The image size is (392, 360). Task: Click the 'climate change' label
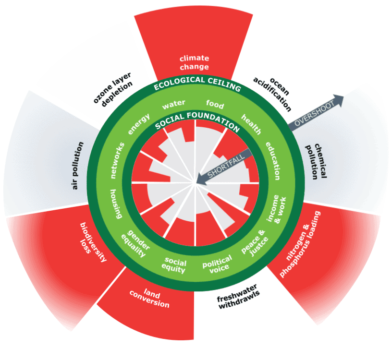click(194, 62)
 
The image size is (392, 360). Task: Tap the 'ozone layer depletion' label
click(113, 89)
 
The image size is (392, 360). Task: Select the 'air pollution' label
click(78, 166)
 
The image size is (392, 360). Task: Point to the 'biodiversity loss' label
click(93, 242)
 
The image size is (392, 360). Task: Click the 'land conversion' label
click(150, 298)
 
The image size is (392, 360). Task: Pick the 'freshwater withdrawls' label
click(238, 297)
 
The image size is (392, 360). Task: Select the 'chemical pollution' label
click(316, 161)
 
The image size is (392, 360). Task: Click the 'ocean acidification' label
click(272, 94)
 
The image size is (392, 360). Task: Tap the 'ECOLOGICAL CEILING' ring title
click(197, 84)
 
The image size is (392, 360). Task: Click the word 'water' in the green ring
click(174, 105)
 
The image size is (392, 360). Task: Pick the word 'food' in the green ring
click(215, 104)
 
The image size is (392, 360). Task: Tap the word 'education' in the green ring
click(273, 161)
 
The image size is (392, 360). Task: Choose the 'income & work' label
click(277, 209)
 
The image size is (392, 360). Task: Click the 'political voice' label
click(217, 264)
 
